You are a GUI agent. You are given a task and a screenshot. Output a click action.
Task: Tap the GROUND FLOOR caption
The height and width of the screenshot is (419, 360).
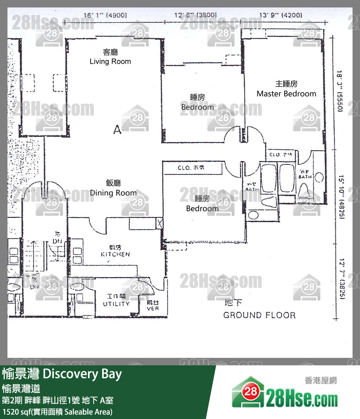259,315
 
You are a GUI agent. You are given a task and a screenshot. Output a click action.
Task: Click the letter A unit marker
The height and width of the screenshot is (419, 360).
117,130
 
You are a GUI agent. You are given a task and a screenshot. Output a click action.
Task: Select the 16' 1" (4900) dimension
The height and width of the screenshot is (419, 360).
105,15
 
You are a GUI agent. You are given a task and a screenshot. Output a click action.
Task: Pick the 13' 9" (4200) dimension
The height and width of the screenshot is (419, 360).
280,15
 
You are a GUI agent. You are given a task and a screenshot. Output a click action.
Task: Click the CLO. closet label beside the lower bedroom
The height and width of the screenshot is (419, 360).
191,168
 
